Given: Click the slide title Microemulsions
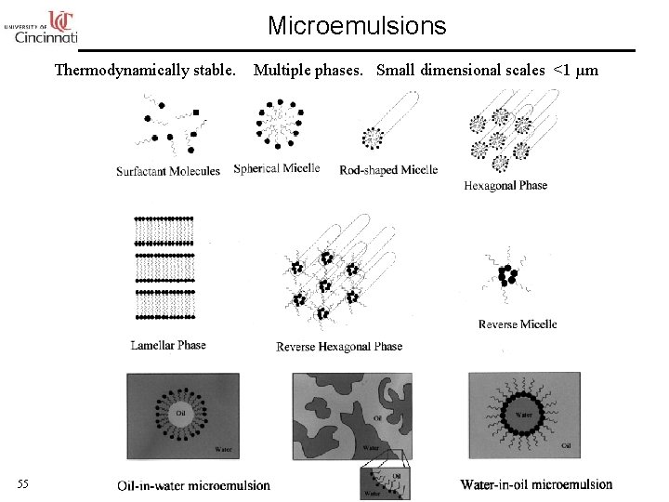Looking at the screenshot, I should point(357,26).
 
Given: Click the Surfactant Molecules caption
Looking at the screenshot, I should point(168,171).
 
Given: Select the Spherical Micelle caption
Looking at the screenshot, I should point(277,168).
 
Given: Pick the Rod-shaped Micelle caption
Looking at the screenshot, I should point(388,170).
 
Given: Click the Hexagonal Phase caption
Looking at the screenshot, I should point(505,186).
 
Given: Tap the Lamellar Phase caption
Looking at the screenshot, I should point(168,345).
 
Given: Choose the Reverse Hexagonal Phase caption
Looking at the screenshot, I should point(339,347).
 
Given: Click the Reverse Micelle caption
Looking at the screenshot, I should point(518,324).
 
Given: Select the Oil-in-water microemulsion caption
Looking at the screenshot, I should point(194,485).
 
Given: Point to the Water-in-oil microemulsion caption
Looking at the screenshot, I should point(536,484).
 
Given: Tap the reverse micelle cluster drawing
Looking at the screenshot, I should point(506,276).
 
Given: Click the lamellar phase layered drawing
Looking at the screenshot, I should point(164,271).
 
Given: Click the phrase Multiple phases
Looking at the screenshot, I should point(311,70).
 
